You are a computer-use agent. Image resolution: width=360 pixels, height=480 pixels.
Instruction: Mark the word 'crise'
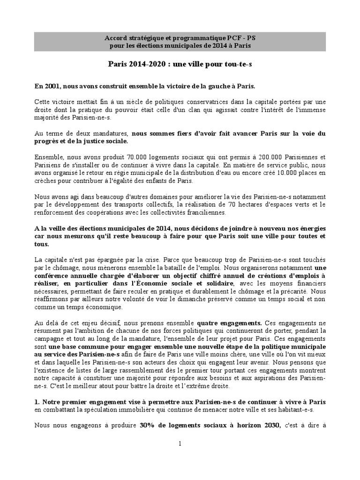coord(156,260)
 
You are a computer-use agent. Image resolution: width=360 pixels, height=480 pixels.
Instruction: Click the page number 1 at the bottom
coord(180,444)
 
